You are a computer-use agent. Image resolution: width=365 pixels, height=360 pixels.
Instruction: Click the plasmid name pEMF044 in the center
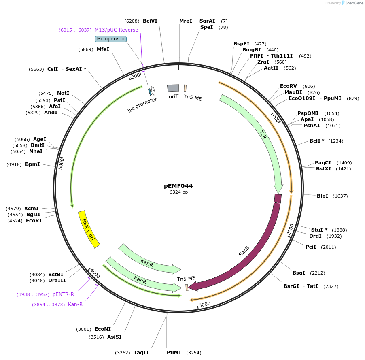(178, 186)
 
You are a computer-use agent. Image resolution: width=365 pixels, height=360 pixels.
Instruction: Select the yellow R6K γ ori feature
(89, 229)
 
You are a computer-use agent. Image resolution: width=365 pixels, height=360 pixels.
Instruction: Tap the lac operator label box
(111, 39)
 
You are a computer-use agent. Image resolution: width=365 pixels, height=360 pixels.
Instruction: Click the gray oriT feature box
(173, 88)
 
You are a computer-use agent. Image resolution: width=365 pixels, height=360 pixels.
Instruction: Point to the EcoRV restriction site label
(289, 86)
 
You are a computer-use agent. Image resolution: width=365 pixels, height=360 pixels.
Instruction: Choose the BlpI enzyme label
(323, 196)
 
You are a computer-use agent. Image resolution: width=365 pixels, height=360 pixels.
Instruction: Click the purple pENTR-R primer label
(63, 294)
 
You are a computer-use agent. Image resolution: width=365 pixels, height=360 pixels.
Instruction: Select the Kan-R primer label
(75, 304)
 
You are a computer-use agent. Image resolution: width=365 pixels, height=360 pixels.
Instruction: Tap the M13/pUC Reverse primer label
(117, 30)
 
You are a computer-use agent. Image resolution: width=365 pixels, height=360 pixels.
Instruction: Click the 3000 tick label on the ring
(205, 304)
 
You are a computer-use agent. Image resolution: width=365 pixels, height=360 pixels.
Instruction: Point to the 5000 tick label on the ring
(61, 163)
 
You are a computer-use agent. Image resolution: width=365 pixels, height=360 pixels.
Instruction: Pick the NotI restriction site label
(63, 93)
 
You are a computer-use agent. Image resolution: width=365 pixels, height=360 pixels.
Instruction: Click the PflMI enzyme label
(174, 353)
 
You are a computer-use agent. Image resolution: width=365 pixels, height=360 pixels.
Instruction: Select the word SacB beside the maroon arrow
(244, 251)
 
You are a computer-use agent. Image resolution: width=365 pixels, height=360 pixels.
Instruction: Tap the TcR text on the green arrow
(263, 135)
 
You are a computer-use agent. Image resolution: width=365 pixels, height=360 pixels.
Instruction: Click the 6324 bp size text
(178, 192)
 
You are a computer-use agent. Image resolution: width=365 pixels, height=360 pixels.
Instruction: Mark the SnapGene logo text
(354, 3)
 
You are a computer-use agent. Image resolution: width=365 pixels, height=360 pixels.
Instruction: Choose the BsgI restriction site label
(299, 273)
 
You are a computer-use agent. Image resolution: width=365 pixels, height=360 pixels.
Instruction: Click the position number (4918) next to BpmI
(14, 164)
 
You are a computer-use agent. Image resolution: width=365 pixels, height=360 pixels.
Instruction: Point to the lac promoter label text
(142, 105)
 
